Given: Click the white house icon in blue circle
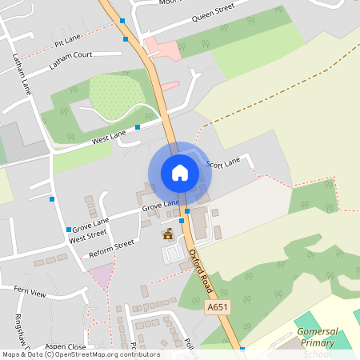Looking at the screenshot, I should point(179,172).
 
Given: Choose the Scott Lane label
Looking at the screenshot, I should point(223,163).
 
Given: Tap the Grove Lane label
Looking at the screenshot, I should point(160,206).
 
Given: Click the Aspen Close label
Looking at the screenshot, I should point(66,346).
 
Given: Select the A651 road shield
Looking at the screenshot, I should point(215,306).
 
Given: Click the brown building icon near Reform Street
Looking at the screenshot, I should point(168,234).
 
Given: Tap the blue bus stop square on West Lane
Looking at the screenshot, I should point(138,126).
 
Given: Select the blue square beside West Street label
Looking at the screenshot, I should point(68,230).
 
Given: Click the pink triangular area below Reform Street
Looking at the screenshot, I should point(102,277).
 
